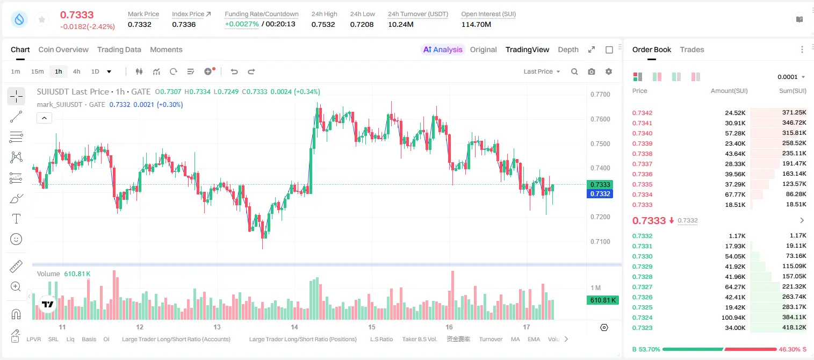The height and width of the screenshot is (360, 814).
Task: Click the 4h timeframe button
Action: [x=76, y=71]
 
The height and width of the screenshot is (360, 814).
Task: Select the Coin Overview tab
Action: [x=63, y=49]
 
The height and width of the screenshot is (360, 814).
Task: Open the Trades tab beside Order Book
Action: [x=692, y=49]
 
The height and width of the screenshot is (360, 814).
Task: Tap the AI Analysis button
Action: [x=443, y=49]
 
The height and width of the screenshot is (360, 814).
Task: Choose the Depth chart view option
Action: [x=568, y=49]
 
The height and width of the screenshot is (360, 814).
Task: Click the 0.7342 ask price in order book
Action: [x=642, y=113]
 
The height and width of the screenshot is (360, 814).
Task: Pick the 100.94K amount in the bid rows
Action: [x=733, y=318]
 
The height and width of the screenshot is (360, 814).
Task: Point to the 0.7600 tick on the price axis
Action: [x=600, y=119]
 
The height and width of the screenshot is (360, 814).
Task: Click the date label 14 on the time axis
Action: [x=294, y=327]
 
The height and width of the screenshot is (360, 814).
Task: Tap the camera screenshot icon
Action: [x=592, y=71]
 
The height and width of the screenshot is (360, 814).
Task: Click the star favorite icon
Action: [x=42, y=19]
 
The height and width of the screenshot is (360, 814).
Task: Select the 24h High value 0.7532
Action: [x=323, y=24]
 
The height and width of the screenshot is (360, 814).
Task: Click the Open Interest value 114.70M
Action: [x=476, y=24]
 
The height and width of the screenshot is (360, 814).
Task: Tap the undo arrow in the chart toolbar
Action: [x=234, y=71]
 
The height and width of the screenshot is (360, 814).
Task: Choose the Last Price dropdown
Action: [x=542, y=71]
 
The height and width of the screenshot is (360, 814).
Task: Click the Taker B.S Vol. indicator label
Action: [x=419, y=339]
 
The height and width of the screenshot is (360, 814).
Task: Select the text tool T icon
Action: [x=16, y=219]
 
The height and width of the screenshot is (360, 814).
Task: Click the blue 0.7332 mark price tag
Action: [x=600, y=193]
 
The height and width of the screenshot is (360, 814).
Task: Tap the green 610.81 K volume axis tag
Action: [x=602, y=300]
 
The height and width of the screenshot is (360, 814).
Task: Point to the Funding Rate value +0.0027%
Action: [x=242, y=24]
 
